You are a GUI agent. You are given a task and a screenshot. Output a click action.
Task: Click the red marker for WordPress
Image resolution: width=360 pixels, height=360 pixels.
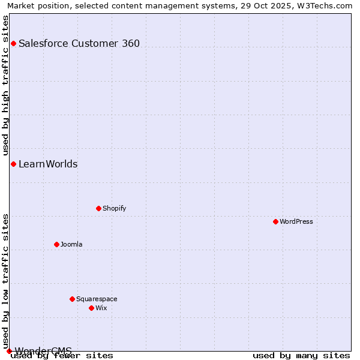[275, 221]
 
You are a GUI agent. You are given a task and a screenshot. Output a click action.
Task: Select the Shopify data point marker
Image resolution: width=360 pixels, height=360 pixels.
[98, 208]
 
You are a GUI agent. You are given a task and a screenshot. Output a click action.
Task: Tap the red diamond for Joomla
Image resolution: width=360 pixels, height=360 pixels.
[56, 244]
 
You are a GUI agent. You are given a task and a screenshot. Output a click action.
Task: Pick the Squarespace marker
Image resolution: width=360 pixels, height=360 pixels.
[72, 299]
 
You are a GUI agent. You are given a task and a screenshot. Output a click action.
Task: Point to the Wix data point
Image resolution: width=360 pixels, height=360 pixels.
[91, 308]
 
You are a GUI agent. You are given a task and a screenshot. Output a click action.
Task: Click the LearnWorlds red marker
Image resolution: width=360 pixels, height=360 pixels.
[13, 164]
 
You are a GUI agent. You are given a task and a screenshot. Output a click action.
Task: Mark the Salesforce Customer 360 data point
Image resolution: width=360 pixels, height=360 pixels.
[13, 43]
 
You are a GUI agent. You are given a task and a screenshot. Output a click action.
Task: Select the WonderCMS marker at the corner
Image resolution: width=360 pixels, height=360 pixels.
[9, 351]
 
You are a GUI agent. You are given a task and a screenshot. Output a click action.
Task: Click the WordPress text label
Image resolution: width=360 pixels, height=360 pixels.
[296, 221]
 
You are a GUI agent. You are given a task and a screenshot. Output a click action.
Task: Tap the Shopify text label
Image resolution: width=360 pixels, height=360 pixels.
[114, 208]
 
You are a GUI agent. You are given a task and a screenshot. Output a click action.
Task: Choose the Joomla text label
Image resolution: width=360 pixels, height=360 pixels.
[71, 244]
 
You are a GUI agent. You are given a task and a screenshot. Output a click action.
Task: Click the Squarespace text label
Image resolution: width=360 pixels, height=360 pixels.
[97, 299]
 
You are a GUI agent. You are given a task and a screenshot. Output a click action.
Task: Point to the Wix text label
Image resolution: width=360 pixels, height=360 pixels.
[101, 308]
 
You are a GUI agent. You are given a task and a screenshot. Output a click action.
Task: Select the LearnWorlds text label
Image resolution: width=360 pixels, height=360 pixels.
[48, 164]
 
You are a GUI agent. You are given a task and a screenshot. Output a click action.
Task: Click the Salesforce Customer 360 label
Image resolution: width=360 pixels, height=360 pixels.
[79, 43]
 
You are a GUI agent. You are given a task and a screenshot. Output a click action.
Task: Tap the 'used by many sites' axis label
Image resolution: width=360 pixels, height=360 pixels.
[301, 355]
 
